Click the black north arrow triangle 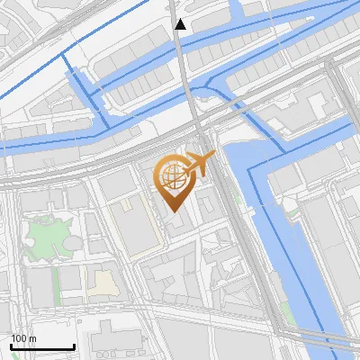tap(180, 24)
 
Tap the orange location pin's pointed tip tap(174, 211)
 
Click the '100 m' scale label tap(23, 338)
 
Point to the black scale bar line tap(42, 346)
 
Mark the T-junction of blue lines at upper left tap(64, 54)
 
